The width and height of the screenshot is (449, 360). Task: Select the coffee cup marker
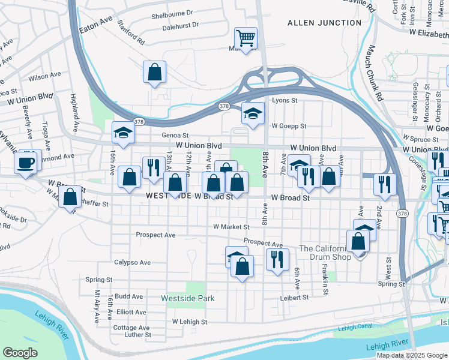(25, 163)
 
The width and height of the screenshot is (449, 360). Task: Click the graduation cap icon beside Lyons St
(253, 113)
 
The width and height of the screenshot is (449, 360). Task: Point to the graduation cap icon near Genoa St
(124, 133)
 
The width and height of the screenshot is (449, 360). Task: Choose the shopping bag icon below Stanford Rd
(154, 72)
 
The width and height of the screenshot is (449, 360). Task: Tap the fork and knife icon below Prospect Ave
(276, 259)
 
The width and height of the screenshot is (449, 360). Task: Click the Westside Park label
(188, 298)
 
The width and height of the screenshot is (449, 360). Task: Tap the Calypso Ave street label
(133, 262)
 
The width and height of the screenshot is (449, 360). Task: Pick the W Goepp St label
(289, 126)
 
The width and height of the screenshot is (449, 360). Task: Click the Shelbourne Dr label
(172, 13)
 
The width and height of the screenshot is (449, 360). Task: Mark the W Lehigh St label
(189, 322)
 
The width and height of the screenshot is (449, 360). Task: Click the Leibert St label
(294, 297)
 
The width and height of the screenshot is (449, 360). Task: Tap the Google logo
(20, 353)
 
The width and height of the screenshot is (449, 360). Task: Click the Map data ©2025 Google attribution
(412, 355)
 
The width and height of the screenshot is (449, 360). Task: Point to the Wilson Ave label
(44, 77)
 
